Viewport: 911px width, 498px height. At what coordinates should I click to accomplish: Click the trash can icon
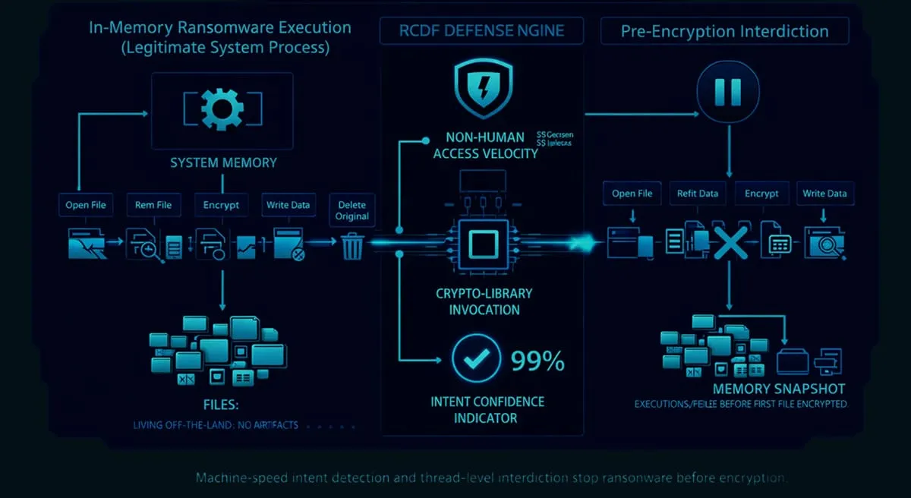point(352,245)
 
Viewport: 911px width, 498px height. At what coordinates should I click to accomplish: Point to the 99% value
point(538,361)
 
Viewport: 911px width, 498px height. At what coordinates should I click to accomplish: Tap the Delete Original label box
point(352,210)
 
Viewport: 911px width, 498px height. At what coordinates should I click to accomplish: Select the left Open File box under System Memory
point(86,205)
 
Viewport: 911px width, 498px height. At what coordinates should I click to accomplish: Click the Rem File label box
point(153,205)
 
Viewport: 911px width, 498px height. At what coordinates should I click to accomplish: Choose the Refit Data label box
point(697,194)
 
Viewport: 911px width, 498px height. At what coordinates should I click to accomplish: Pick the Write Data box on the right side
point(824,194)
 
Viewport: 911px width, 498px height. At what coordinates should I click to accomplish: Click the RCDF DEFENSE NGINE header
point(482,32)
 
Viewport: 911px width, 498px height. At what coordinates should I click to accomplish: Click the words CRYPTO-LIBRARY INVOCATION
point(484,301)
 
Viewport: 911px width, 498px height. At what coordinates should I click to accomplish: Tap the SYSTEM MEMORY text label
point(223,162)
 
